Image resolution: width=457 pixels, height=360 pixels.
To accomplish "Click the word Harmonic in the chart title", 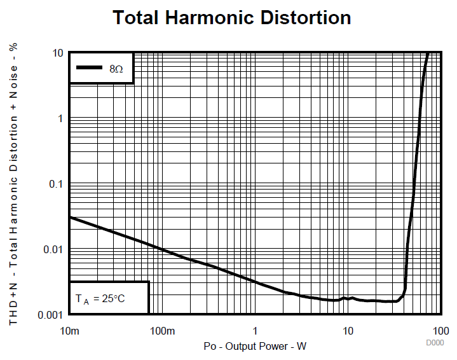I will [204, 18].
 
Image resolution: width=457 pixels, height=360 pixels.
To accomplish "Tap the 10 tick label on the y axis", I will [58, 53].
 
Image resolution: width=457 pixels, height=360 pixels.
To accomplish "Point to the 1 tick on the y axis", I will [60, 118].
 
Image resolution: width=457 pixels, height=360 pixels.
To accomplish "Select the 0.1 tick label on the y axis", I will [57, 184].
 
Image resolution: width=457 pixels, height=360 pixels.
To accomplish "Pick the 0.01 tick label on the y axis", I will [54, 249].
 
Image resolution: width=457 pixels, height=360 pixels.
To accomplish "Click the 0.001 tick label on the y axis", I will [51, 315].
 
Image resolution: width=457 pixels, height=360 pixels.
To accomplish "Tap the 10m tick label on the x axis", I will [69, 331].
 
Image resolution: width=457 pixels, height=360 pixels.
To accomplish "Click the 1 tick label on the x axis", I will [256, 331].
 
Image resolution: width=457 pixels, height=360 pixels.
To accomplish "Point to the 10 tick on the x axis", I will [348, 331].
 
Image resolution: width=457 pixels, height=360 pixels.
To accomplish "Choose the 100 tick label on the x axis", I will [440, 331].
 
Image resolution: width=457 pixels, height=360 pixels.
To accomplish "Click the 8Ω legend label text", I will [116, 68].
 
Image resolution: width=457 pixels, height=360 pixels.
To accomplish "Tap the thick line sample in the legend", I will [90, 67].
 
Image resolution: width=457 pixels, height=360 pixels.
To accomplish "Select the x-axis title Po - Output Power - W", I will [255, 346].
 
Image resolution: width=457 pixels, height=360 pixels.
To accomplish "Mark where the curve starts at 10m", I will [70, 217].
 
